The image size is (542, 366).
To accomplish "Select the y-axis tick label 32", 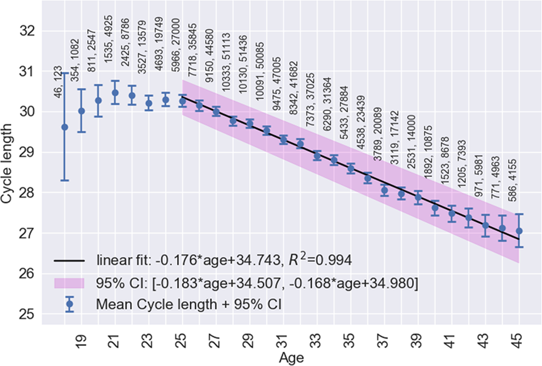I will pos(26,31).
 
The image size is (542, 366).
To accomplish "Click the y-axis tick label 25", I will pos(26,314).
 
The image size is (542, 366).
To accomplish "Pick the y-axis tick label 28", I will pos(26,193).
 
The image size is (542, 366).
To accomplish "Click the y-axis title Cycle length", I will pos(8,172).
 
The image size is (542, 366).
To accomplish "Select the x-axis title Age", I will pos(292,357).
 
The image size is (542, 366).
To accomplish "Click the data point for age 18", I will pos(65,127).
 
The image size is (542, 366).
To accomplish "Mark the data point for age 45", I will pos(519,231).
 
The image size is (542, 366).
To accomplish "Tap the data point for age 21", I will pos(115,92).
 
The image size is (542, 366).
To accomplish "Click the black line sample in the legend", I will pos(70,261).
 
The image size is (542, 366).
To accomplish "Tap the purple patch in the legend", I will pos(70,283).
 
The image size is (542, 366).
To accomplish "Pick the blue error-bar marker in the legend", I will pos(70,304).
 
